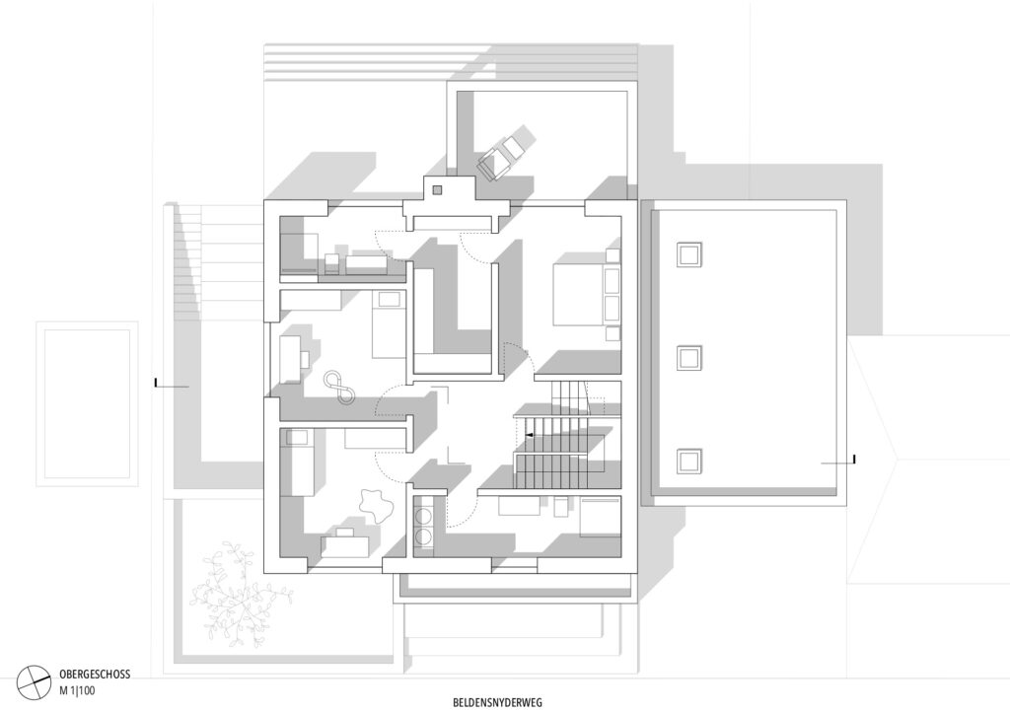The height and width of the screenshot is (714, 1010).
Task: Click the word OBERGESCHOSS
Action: [x=95, y=675]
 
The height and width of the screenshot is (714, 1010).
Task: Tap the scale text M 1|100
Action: [x=77, y=690]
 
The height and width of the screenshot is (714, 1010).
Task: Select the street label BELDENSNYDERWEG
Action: [x=497, y=702]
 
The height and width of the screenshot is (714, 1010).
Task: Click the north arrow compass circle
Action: [x=34, y=682]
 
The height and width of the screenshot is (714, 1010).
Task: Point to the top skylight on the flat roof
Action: [x=688, y=253]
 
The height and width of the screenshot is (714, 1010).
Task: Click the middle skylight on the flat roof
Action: [x=688, y=357]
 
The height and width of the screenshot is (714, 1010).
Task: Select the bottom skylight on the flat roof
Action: [x=688, y=461]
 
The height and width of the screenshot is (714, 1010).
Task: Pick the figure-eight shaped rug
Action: [x=339, y=387]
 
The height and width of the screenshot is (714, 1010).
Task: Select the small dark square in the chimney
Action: [x=437, y=190]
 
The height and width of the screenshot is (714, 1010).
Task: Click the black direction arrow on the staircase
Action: [x=529, y=436]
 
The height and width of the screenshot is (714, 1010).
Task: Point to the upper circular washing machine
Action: [x=424, y=516]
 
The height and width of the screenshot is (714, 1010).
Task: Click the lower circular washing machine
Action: [x=424, y=536]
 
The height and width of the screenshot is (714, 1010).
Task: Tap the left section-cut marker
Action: [x=172, y=385]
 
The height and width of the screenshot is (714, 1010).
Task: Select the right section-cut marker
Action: [x=838, y=461]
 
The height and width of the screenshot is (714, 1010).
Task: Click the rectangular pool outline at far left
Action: [x=87, y=403]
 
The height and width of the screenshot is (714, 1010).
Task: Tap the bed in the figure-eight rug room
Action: [x=389, y=323]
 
